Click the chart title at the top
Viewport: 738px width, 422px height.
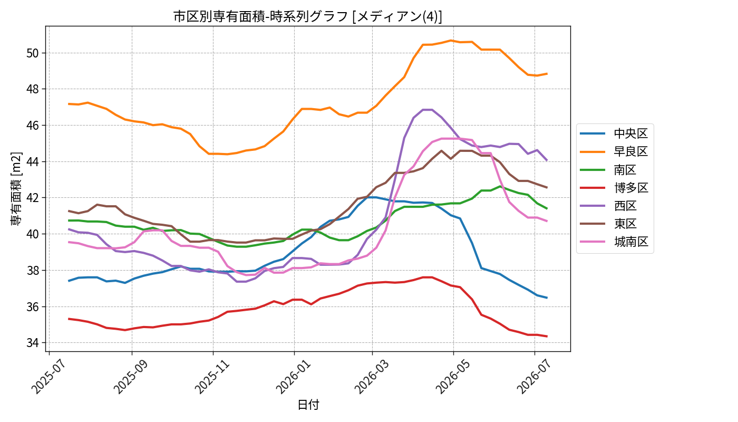pos(307,16)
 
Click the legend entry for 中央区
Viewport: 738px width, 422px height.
pos(614,133)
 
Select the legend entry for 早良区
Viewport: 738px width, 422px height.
pos(614,152)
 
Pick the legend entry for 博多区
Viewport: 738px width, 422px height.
pos(614,188)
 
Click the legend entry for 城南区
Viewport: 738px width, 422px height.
pos(614,242)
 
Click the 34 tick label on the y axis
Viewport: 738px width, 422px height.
pos(33,343)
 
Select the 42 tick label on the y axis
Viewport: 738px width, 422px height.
pos(33,198)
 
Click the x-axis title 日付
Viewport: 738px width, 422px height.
pos(308,405)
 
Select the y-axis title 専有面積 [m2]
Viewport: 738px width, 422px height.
pos(16,189)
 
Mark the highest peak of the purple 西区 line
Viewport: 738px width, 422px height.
pos(428,110)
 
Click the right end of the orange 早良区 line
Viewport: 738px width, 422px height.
pos(547,73)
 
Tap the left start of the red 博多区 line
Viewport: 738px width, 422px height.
pos(69,319)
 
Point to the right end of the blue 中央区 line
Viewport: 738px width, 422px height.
pos(547,298)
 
